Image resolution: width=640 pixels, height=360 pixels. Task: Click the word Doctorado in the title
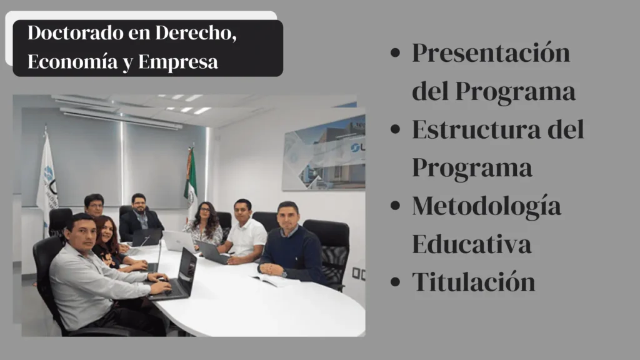tap(59, 33)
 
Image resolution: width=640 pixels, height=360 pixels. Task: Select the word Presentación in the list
tap(491, 52)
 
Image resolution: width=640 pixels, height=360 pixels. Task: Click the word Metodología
tap(486, 206)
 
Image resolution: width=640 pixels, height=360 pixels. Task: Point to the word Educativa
tap(471, 244)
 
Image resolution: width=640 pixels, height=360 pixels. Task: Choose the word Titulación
tap(473, 282)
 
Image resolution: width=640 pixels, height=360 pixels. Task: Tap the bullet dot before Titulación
tap(394, 282)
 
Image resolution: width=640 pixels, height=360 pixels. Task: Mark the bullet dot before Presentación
tap(394, 53)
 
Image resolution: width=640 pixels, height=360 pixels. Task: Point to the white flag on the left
tap(47, 175)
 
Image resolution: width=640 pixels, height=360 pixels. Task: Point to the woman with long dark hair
tap(205, 224)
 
